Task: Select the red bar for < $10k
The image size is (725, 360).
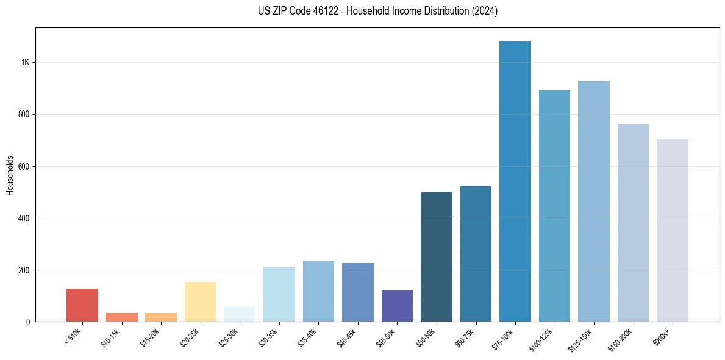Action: coord(82,305)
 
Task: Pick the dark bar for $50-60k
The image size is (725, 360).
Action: coord(437,256)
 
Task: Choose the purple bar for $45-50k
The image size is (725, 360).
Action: coord(397,306)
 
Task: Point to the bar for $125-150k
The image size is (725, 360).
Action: coord(594,201)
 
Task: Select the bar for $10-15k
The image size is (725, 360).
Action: coord(122,317)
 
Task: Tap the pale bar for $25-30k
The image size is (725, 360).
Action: coord(240,314)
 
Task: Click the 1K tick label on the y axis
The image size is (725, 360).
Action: coord(26,62)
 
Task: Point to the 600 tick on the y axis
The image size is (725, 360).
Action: coord(24,166)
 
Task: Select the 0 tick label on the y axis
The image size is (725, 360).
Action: coord(28,322)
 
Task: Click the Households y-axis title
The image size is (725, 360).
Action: coord(10,175)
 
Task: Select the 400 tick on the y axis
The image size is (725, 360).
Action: coord(24,218)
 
